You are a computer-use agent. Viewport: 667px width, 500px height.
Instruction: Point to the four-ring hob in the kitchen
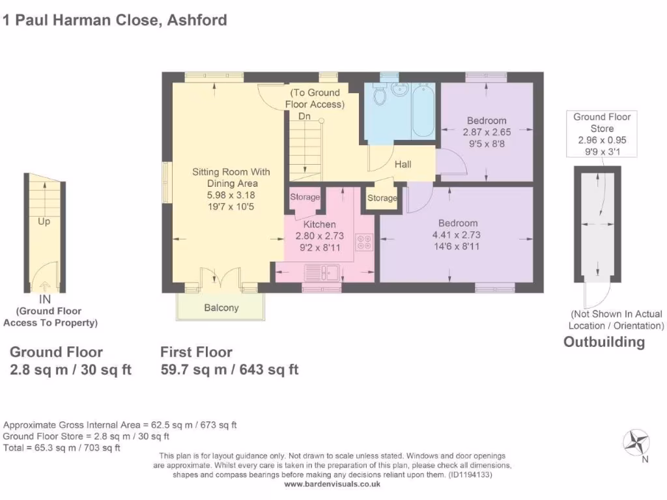pyautogui.click(x=362, y=242)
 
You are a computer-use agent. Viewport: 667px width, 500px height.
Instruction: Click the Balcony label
pyautogui.click(x=221, y=308)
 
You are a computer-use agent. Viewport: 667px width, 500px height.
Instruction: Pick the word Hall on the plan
pyautogui.click(x=403, y=165)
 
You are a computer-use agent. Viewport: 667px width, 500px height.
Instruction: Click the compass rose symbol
pyautogui.click(x=635, y=443)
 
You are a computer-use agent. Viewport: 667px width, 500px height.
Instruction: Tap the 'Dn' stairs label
pyautogui.click(x=304, y=117)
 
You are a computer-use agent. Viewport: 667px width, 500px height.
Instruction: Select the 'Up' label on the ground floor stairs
pyautogui.click(x=44, y=221)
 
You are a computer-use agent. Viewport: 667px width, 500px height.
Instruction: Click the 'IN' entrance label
pyautogui.click(x=44, y=299)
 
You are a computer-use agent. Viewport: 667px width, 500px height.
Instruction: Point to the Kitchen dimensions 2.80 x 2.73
pyautogui.click(x=319, y=236)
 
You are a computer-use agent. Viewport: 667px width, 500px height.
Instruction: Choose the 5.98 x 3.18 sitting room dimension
pyautogui.click(x=231, y=194)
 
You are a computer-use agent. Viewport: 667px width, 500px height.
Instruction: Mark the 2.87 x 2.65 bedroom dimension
pyautogui.click(x=487, y=132)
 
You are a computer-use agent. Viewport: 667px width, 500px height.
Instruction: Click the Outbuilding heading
pyautogui.click(x=604, y=342)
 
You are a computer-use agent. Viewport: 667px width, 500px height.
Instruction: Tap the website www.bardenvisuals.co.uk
pyautogui.click(x=332, y=484)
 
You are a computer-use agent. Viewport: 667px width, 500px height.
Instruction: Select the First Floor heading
pyautogui.click(x=196, y=352)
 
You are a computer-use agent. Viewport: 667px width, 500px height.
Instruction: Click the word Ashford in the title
pyautogui.click(x=197, y=20)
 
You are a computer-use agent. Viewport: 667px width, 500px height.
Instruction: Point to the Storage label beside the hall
pyautogui.click(x=382, y=198)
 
